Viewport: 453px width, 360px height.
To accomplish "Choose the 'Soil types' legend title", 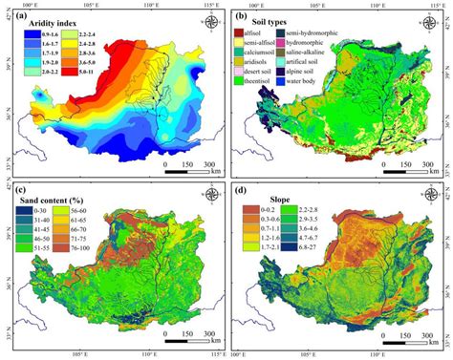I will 276,20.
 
